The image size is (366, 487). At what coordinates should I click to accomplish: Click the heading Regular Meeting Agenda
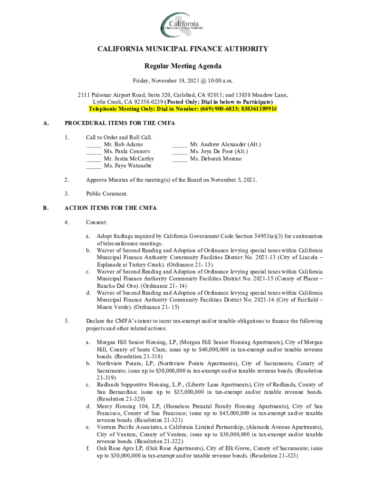coord(183,66)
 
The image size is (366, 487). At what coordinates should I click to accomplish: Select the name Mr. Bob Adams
coord(123,144)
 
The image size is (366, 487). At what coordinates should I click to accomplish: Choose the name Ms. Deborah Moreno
coord(215,158)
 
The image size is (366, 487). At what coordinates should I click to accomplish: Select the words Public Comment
coord(107,194)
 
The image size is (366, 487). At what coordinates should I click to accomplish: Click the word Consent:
coord(96,222)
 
